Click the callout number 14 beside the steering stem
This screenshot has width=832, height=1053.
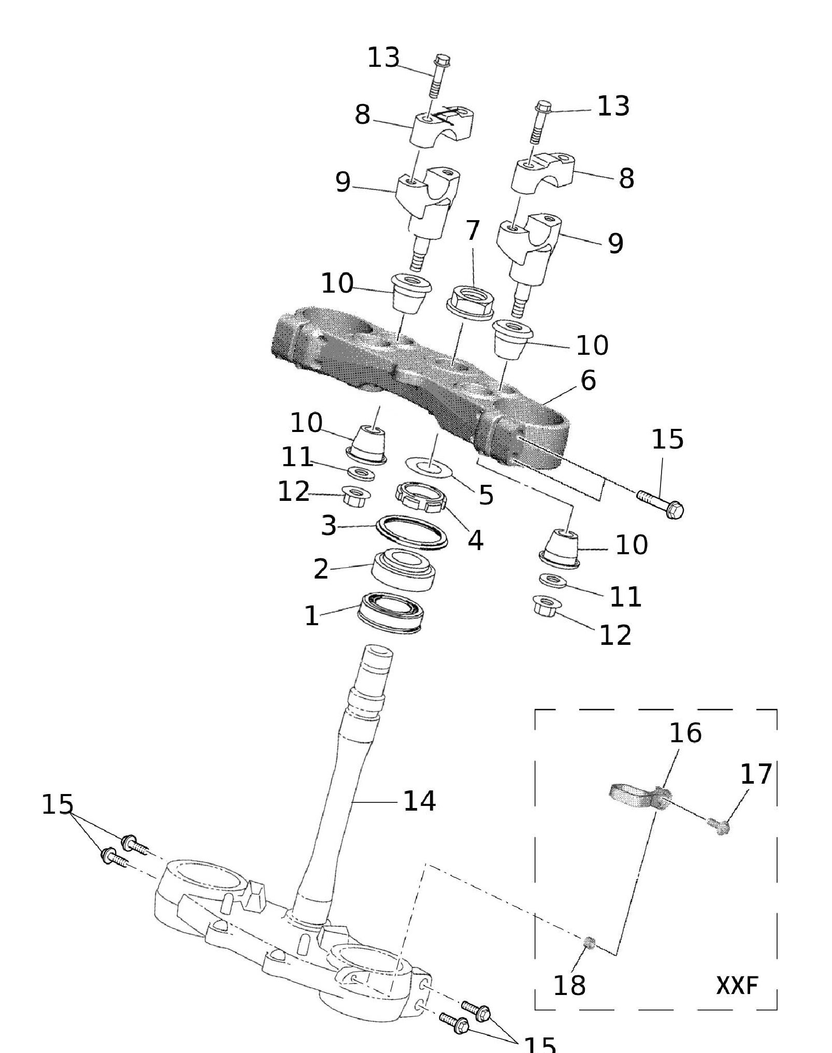[419, 801]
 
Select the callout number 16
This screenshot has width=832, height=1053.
[685, 733]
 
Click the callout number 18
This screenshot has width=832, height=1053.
[569, 985]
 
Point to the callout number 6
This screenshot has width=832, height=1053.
[588, 381]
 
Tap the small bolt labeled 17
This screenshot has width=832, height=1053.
[719, 826]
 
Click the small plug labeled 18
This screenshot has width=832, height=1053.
[589, 942]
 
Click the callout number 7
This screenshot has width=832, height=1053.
[472, 230]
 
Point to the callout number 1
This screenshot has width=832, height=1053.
[311, 616]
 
